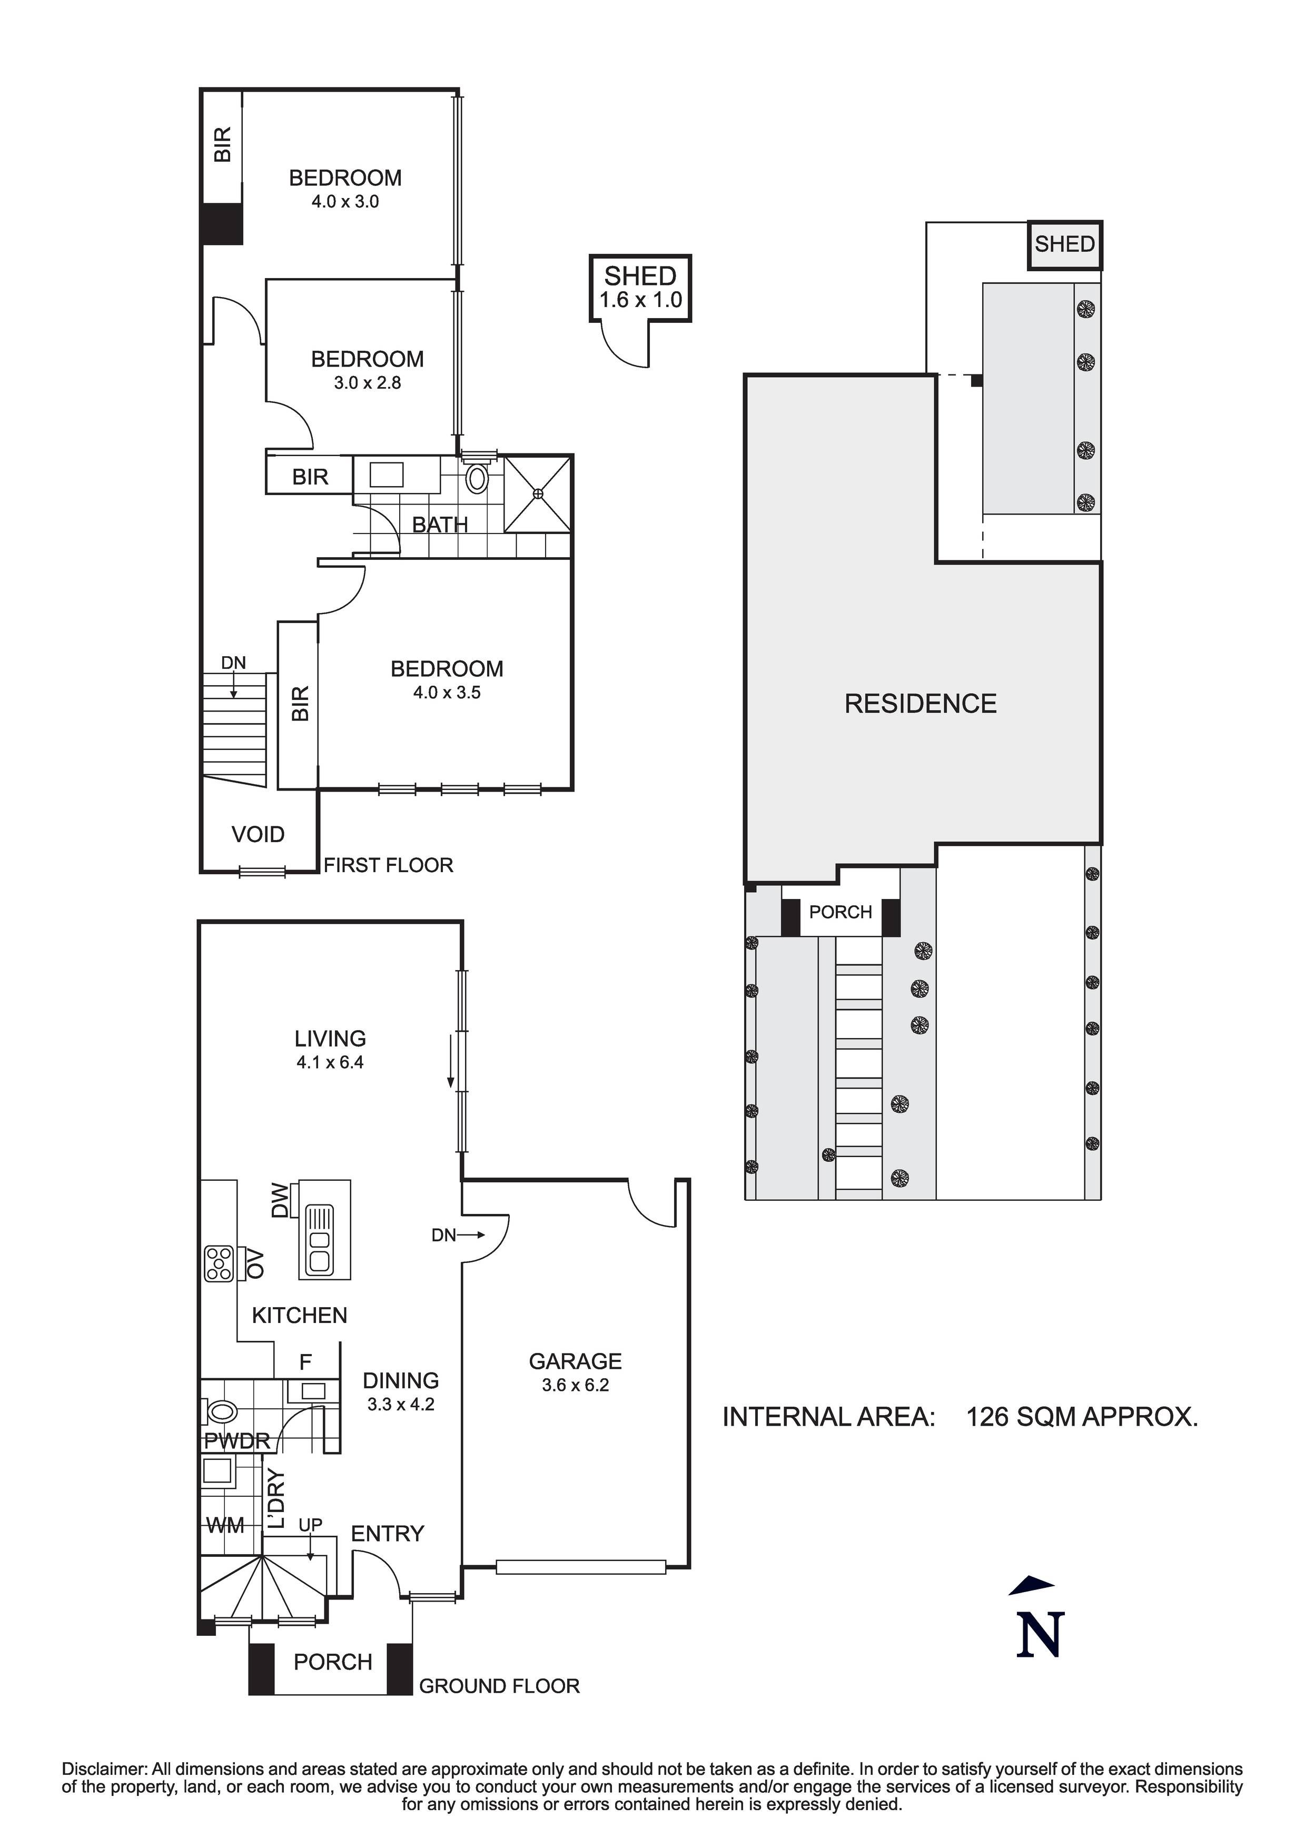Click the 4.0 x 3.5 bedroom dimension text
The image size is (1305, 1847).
point(447,693)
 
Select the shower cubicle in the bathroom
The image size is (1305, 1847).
point(538,493)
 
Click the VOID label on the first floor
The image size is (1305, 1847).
point(258,834)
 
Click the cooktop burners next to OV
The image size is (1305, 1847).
point(219,1263)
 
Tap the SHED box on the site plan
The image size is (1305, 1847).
point(1064,244)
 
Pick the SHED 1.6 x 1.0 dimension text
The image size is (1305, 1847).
point(640,301)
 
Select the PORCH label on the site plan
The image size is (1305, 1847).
point(840,912)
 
